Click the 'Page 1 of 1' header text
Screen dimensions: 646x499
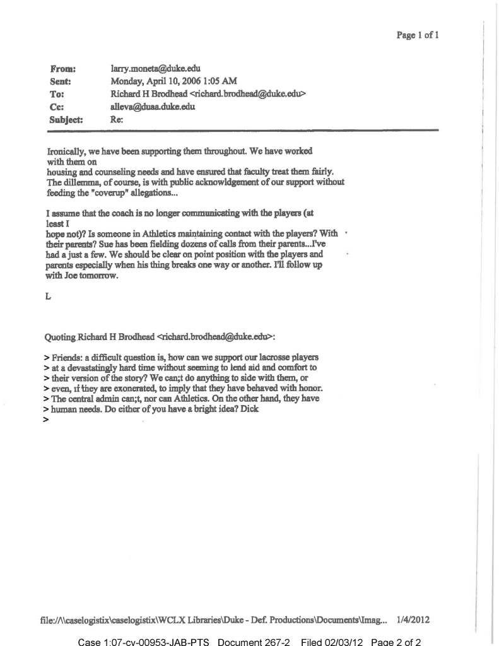point(417,36)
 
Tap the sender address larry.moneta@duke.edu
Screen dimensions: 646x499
point(156,69)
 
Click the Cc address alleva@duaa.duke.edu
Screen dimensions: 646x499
point(153,107)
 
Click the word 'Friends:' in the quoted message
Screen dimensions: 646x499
point(70,358)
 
